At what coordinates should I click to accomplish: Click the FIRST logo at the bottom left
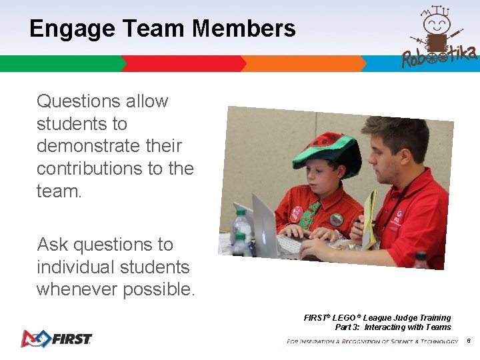(x=56, y=339)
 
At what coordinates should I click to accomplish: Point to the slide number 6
(x=469, y=341)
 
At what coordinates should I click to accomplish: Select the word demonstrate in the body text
(x=109, y=146)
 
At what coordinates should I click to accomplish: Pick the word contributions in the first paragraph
(x=90, y=169)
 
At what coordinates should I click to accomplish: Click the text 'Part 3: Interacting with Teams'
(x=393, y=327)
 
